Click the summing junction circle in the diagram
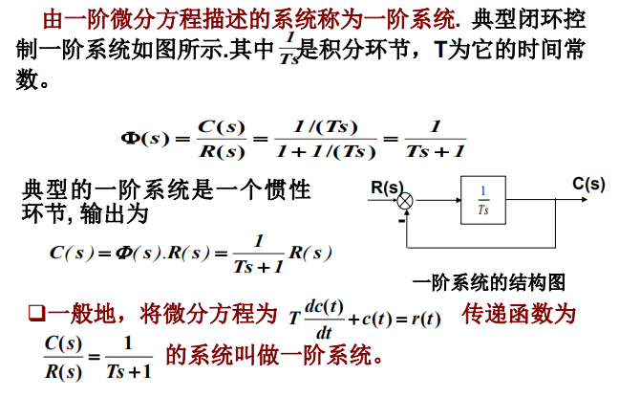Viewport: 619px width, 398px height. (x=406, y=201)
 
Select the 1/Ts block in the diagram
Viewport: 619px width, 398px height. (x=484, y=200)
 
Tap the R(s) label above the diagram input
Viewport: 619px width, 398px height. (x=386, y=187)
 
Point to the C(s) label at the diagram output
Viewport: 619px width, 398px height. (x=588, y=185)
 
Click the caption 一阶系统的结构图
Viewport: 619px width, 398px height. (x=490, y=282)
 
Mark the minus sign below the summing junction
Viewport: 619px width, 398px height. (x=392, y=219)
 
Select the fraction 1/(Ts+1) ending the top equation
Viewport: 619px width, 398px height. (x=435, y=139)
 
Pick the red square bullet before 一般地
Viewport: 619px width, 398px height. (x=36, y=314)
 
